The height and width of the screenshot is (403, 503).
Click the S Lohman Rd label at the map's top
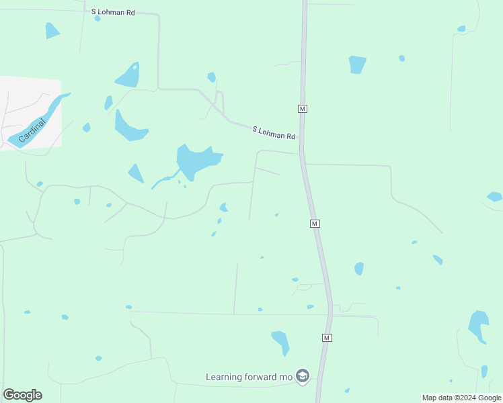[113, 12]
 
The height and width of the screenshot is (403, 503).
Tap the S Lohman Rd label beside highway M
[274, 132]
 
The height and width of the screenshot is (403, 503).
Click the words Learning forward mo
[249, 377]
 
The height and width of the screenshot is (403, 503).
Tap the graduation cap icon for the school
[302, 376]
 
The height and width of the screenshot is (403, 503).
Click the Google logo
[22, 395]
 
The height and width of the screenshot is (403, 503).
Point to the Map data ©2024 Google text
[461, 398]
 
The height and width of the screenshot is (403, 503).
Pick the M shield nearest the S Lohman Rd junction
[303, 108]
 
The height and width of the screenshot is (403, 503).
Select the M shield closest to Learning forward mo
[327, 337]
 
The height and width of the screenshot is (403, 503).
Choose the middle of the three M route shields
[314, 223]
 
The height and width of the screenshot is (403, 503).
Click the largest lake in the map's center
[196, 161]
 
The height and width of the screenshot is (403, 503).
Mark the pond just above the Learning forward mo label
[280, 340]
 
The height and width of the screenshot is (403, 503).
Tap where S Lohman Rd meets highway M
[302, 153]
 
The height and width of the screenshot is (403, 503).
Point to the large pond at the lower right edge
[478, 325]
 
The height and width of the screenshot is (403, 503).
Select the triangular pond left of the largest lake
[136, 173]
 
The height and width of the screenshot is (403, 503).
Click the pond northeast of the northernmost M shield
[357, 64]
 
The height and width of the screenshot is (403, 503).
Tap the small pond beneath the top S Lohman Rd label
[98, 19]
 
